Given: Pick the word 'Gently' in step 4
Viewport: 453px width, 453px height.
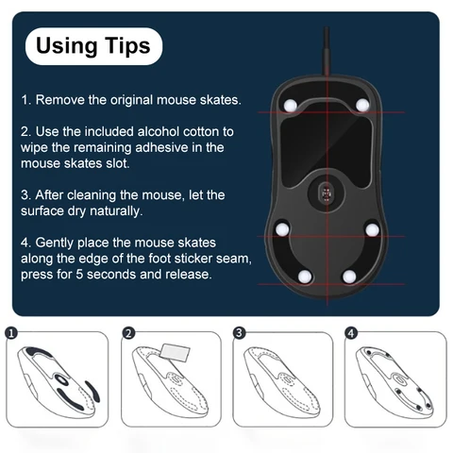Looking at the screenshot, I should click(x=58, y=241).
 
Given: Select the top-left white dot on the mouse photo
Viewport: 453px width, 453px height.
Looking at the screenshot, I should click(x=292, y=106).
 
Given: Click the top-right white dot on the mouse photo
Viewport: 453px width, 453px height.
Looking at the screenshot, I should click(x=361, y=106).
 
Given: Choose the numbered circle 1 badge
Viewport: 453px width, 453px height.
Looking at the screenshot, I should click(x=10, y=333).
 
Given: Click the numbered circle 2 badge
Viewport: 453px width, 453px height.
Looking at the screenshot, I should click(x=128, y=333).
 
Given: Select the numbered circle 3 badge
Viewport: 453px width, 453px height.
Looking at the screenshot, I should click(x=239, y=333).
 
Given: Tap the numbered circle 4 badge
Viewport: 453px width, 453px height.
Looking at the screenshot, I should click(x=351, y=333).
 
